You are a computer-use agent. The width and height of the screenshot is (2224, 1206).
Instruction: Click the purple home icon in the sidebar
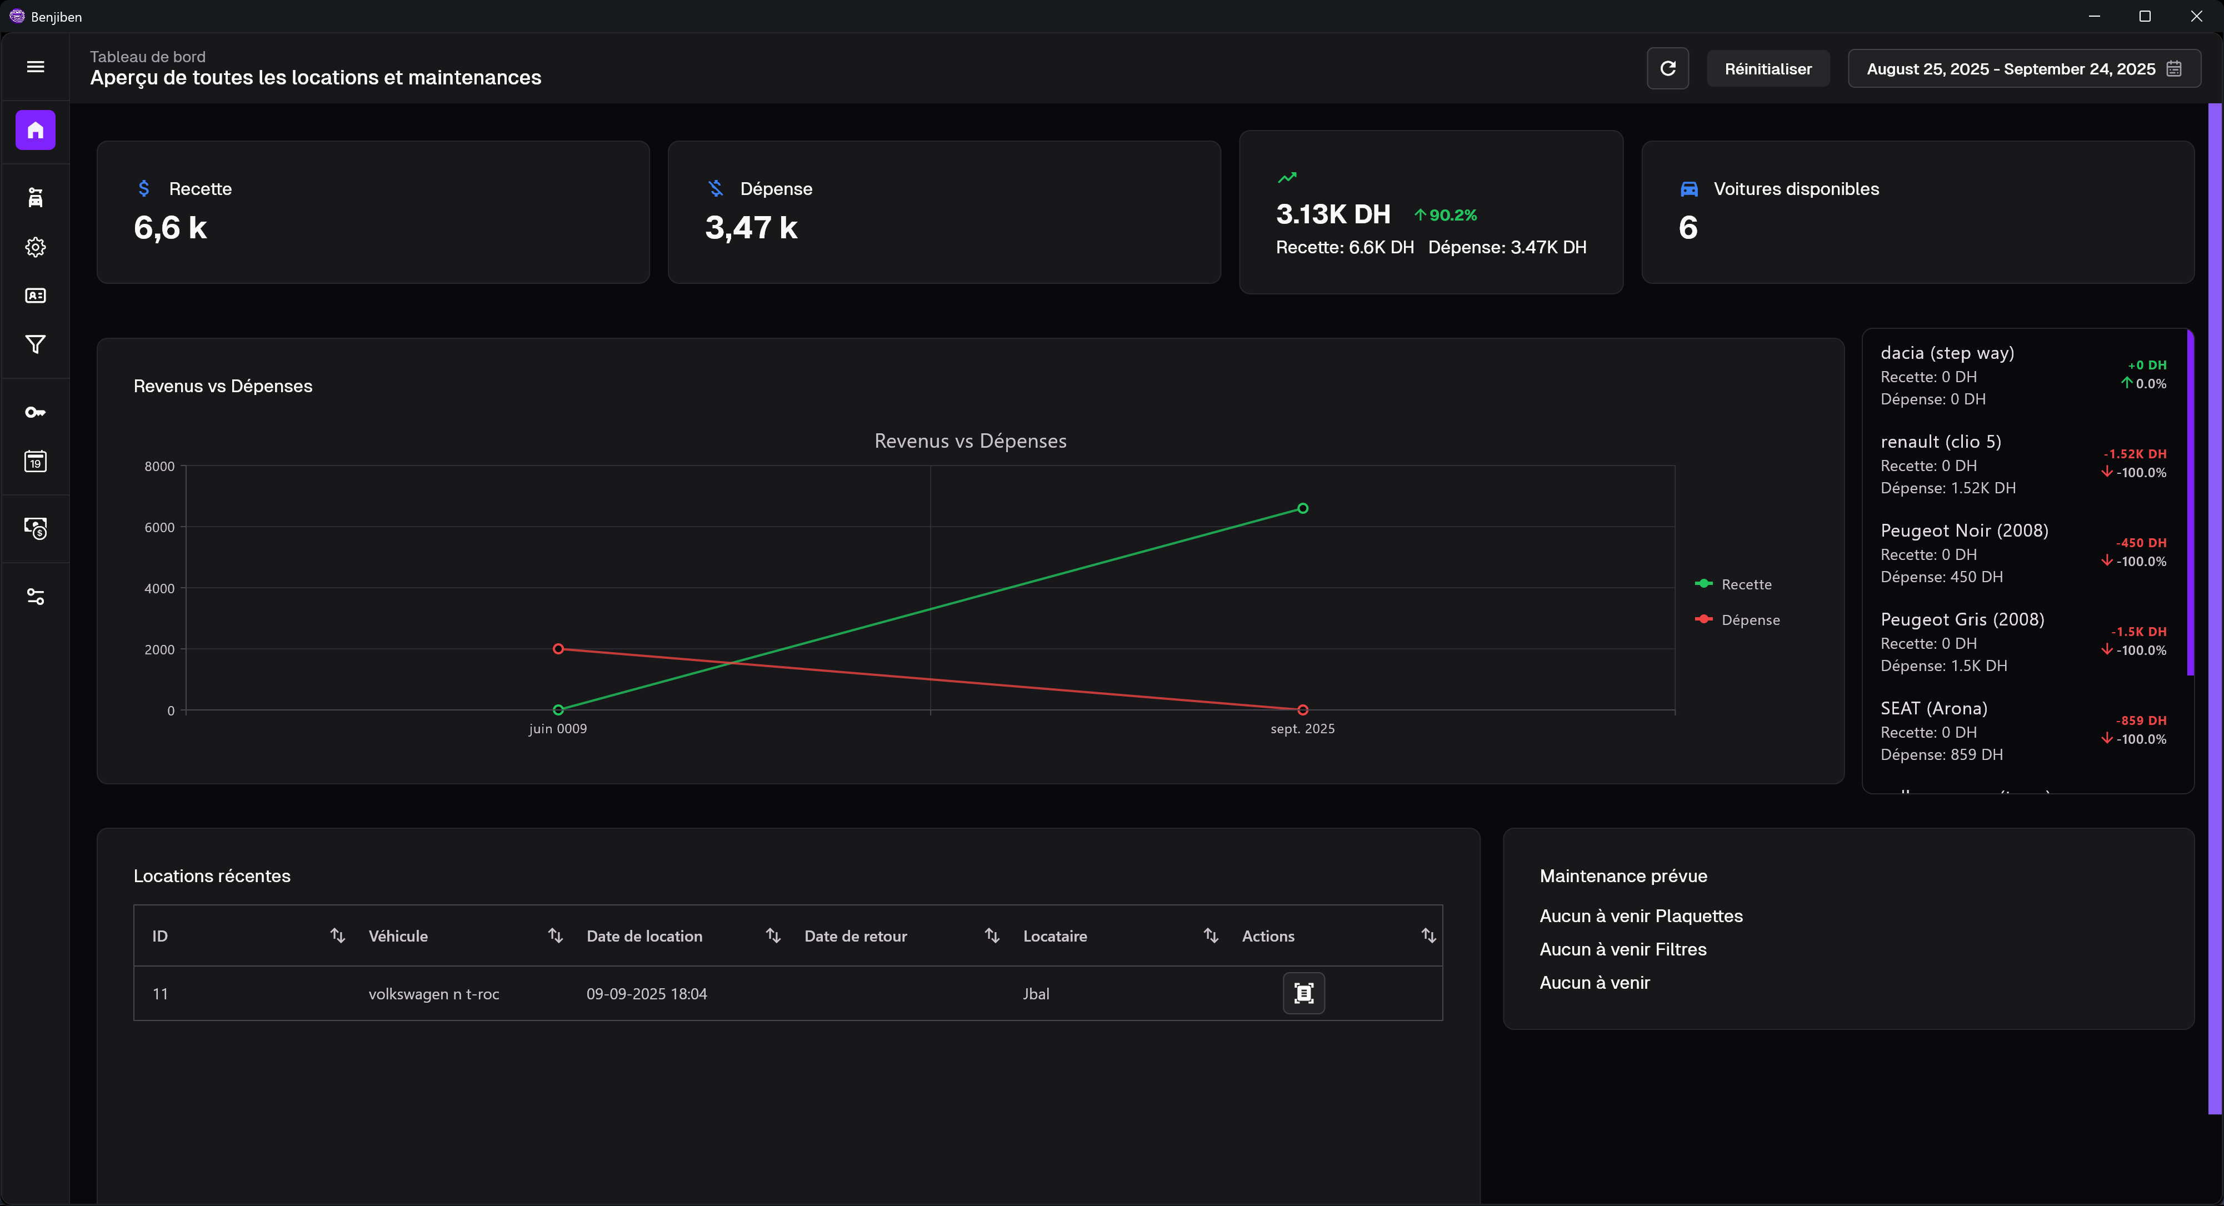point(36,131)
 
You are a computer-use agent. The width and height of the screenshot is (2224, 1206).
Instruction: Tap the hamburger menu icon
point(36,67)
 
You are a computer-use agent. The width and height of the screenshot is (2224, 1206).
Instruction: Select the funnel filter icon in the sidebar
point(36,344)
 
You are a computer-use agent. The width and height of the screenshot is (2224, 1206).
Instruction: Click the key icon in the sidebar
point(36,413)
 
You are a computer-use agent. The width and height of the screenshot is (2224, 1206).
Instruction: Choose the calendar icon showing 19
point(36,462)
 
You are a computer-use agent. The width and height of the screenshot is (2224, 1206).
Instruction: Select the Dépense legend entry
point(1749,620)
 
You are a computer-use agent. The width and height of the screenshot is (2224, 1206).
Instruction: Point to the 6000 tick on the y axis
point(159,528)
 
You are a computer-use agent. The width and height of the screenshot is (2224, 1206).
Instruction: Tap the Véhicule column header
point(398,936)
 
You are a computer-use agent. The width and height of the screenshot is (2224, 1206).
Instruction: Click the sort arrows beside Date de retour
point(992,936)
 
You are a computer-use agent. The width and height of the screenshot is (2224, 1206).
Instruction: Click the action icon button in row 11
point(1303,994)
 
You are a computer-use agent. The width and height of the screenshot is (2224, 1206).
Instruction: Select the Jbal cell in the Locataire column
point(1036,994)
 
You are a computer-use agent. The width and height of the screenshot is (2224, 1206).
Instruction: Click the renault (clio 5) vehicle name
point(1940,442)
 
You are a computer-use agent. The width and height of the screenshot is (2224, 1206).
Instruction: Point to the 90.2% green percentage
point(1452,215)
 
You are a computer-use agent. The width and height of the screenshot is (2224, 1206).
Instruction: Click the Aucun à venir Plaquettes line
point(1641,916)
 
